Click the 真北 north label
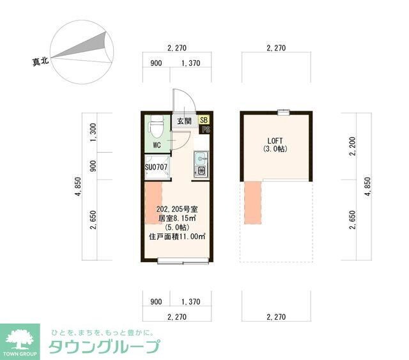coord(42,62)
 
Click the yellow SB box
coord(204,120)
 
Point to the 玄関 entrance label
coord(184,121)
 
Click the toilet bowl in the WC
coord(156,128)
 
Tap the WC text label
coord(157,145)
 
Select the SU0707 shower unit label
coord(156,168)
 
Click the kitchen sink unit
coord(200,163)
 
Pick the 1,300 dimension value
coord(94,132)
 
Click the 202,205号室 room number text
coord(176,208)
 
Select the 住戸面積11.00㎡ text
coord(177,236)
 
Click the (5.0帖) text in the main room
coord(176,226)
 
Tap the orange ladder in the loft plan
coord(253,203)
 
